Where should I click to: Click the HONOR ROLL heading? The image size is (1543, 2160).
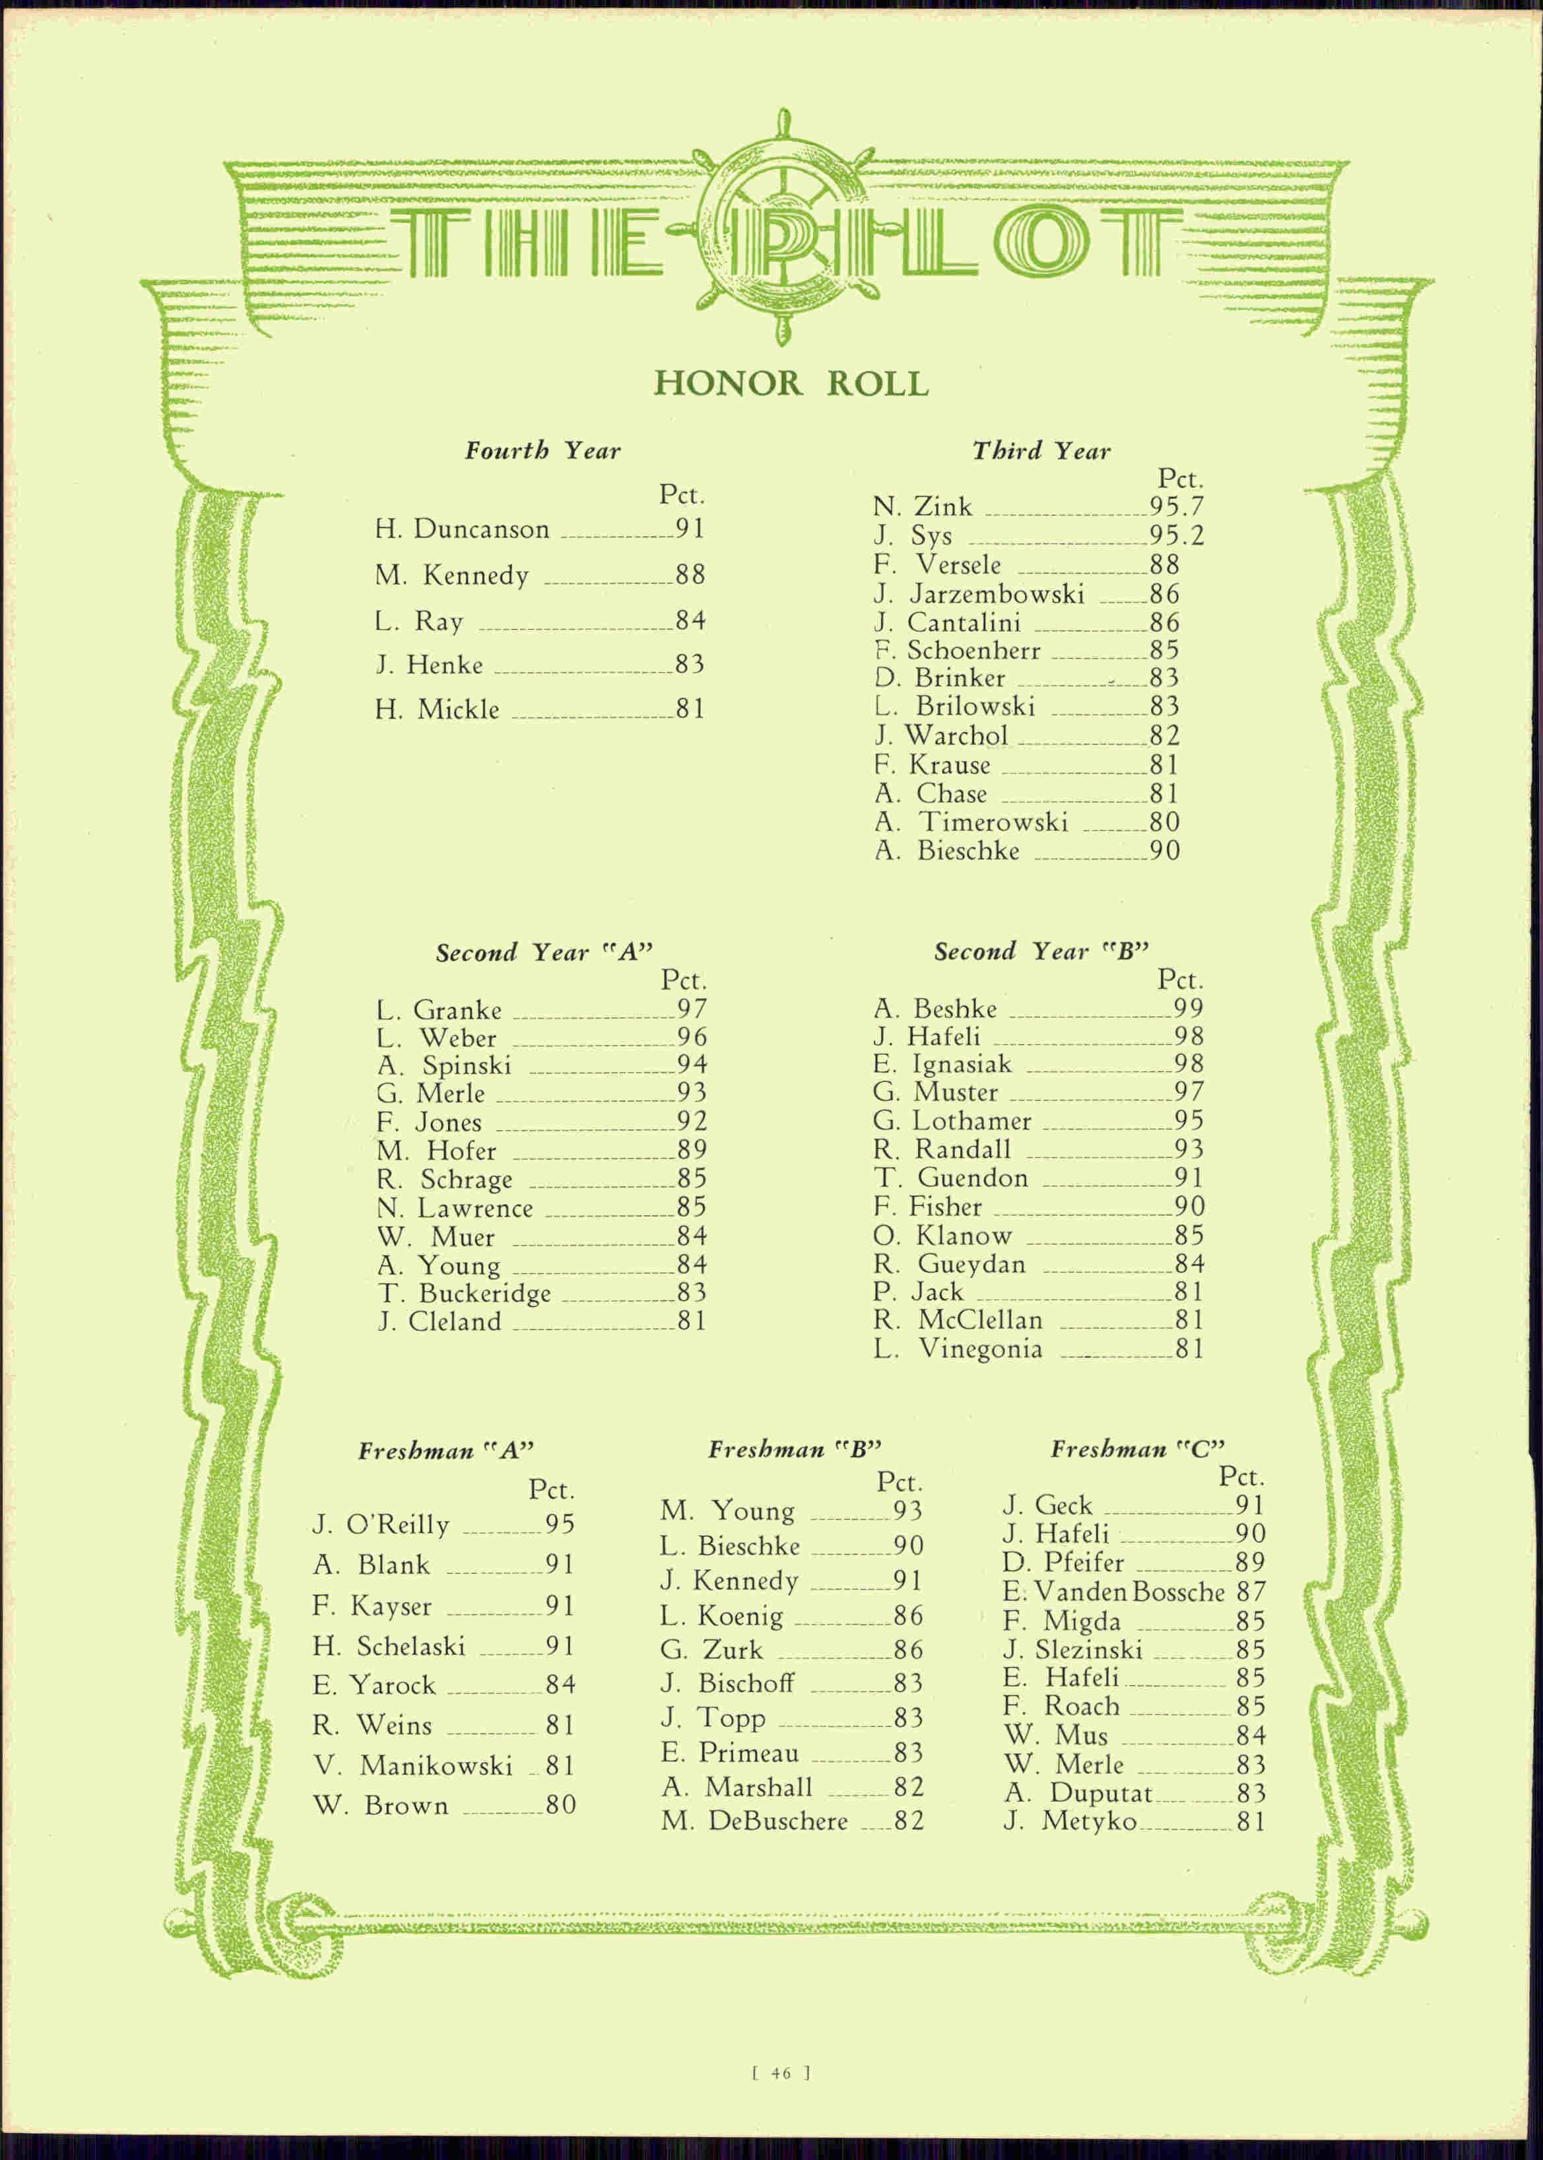coord(791,384)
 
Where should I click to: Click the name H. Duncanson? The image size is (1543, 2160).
coord(462,529)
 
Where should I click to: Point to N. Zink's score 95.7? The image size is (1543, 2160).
coord(1176,506)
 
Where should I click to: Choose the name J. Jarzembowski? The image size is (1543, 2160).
coord(979,594)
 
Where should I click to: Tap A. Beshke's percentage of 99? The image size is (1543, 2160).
coord(1189,1008)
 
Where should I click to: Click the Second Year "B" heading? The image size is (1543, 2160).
coord(1041,951)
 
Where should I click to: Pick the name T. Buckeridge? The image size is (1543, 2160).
coord(465,1293)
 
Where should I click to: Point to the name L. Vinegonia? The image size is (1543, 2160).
coord(958,1349)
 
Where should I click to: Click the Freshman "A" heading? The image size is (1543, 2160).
coord(445,1451)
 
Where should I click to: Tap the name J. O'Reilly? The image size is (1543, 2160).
coord(381,1524)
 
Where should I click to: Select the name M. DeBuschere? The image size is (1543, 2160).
coord(754,1821)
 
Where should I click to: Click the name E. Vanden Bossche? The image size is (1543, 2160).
coord(1113,1592)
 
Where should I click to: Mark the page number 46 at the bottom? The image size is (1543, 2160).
coord(781,2074)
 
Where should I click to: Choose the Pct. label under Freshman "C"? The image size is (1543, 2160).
coord(1241,1477)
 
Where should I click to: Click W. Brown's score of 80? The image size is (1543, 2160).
coord(560,1805)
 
